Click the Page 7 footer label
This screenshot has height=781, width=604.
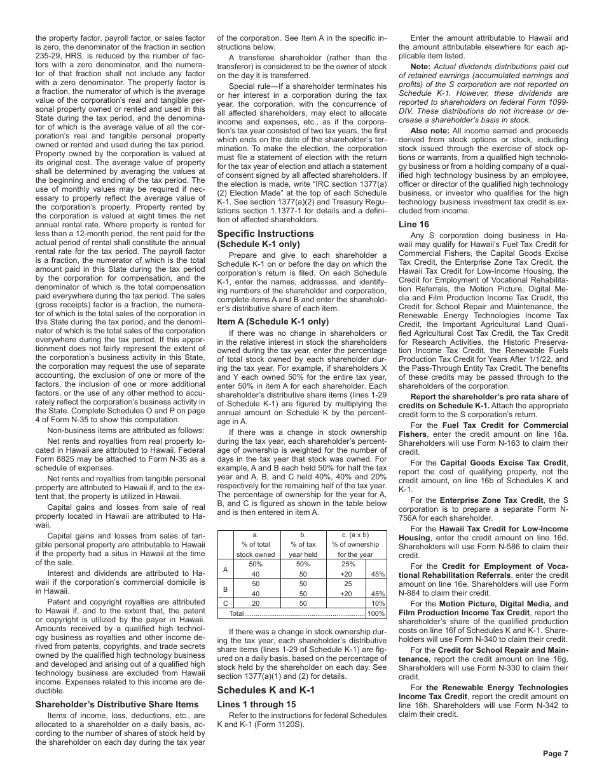coord(555,754)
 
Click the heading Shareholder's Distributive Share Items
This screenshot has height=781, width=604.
coord(116,704)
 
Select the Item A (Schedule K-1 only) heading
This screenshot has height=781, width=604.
coord(273,321)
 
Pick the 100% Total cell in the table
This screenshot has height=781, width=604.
coord(376,614)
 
